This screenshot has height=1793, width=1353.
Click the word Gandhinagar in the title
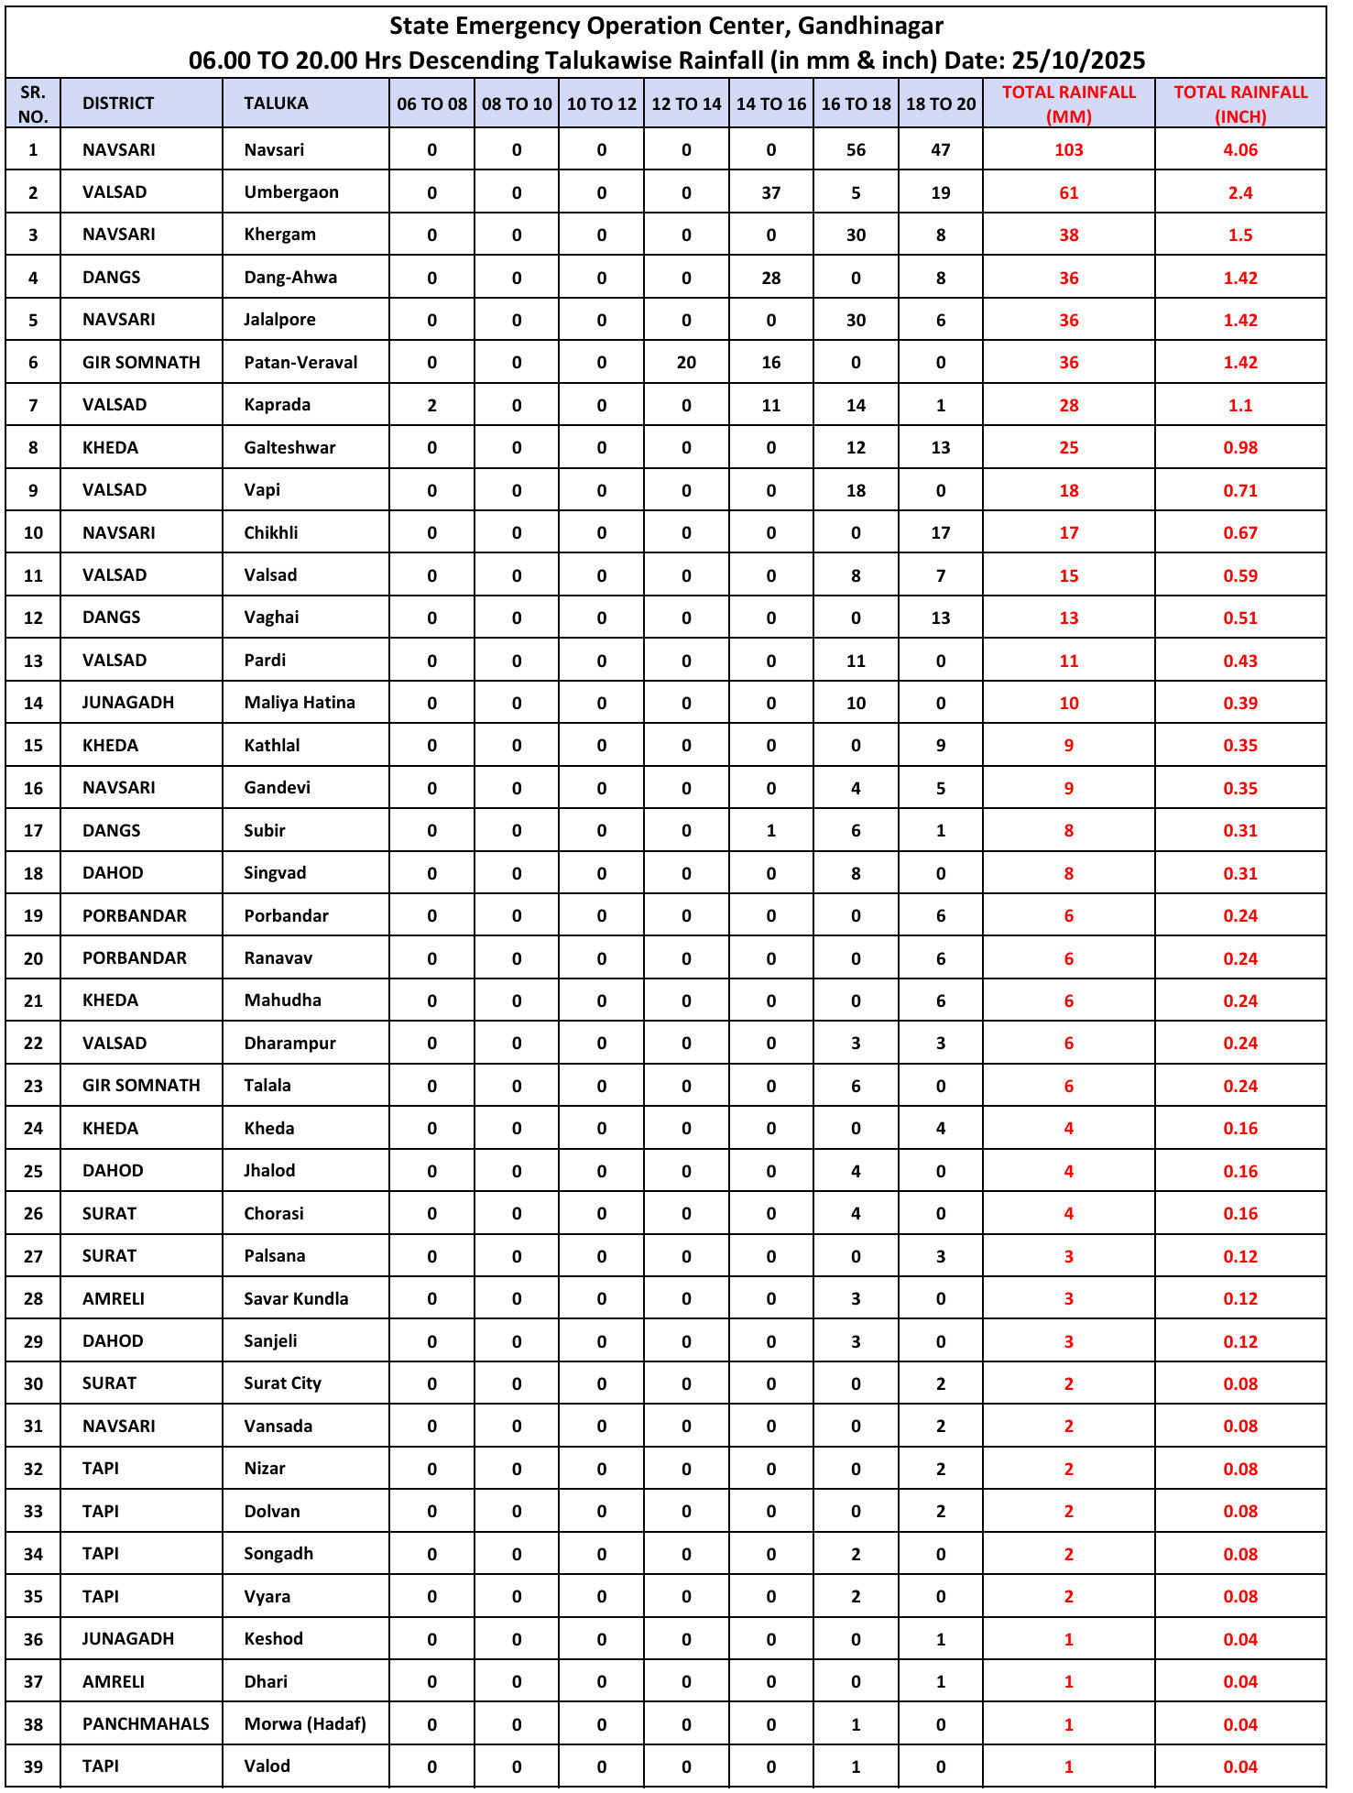point(869,26)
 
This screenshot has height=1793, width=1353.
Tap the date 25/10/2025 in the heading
point(1078,60)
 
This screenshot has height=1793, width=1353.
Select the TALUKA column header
point(276,104)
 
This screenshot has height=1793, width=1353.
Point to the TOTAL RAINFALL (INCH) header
point(1239,104)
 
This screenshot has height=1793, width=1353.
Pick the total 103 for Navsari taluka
point(1068,150)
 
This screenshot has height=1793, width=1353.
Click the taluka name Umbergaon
point(290,192)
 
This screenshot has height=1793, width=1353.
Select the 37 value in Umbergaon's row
point(770,192)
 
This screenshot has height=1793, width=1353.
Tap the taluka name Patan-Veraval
point(300,363)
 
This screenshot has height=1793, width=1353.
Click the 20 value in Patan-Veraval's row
point(686,363)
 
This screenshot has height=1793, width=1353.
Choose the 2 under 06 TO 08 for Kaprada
point(431,405)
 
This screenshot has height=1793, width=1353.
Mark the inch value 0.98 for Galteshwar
point(1239,448)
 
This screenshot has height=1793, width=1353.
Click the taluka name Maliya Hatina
point(300,703)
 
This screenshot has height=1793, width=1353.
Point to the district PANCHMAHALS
point(146,1723)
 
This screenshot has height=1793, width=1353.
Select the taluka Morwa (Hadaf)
point(305,1723)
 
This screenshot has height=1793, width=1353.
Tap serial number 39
point(33,1766)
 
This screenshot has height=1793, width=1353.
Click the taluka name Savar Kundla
point(296,1298)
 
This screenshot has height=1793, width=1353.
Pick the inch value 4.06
point(1239,150)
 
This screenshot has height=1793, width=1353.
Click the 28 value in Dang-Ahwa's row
point(770,278)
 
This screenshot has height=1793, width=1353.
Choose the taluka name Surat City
point(282,1383)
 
